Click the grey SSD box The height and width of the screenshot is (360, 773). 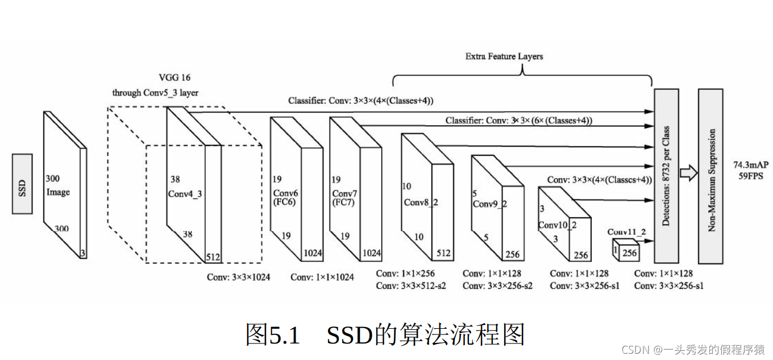(22, 184)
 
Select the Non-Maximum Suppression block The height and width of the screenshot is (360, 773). (710, 176)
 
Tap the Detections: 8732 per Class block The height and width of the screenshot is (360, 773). (666, 176)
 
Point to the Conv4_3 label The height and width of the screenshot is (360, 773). (185, 194)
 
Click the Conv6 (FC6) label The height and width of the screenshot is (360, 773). (286, 197)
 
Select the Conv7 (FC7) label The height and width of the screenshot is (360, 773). (344, 197)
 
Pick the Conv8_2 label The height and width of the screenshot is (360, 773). (421, 202)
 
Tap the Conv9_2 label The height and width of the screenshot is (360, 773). (489, 204)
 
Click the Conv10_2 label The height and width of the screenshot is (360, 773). (557, 225)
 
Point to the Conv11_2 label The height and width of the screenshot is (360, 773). (626, 232)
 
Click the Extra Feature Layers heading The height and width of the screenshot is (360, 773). (504, 56)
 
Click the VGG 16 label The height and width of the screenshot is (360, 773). (174, 77)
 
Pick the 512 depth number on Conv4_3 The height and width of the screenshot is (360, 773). (213, 257)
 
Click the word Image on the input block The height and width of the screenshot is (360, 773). (58, 192)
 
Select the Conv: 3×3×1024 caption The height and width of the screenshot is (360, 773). (238, 277)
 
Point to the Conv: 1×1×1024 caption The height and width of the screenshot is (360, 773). (322, 277)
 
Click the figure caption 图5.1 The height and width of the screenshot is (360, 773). (272, 335)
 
